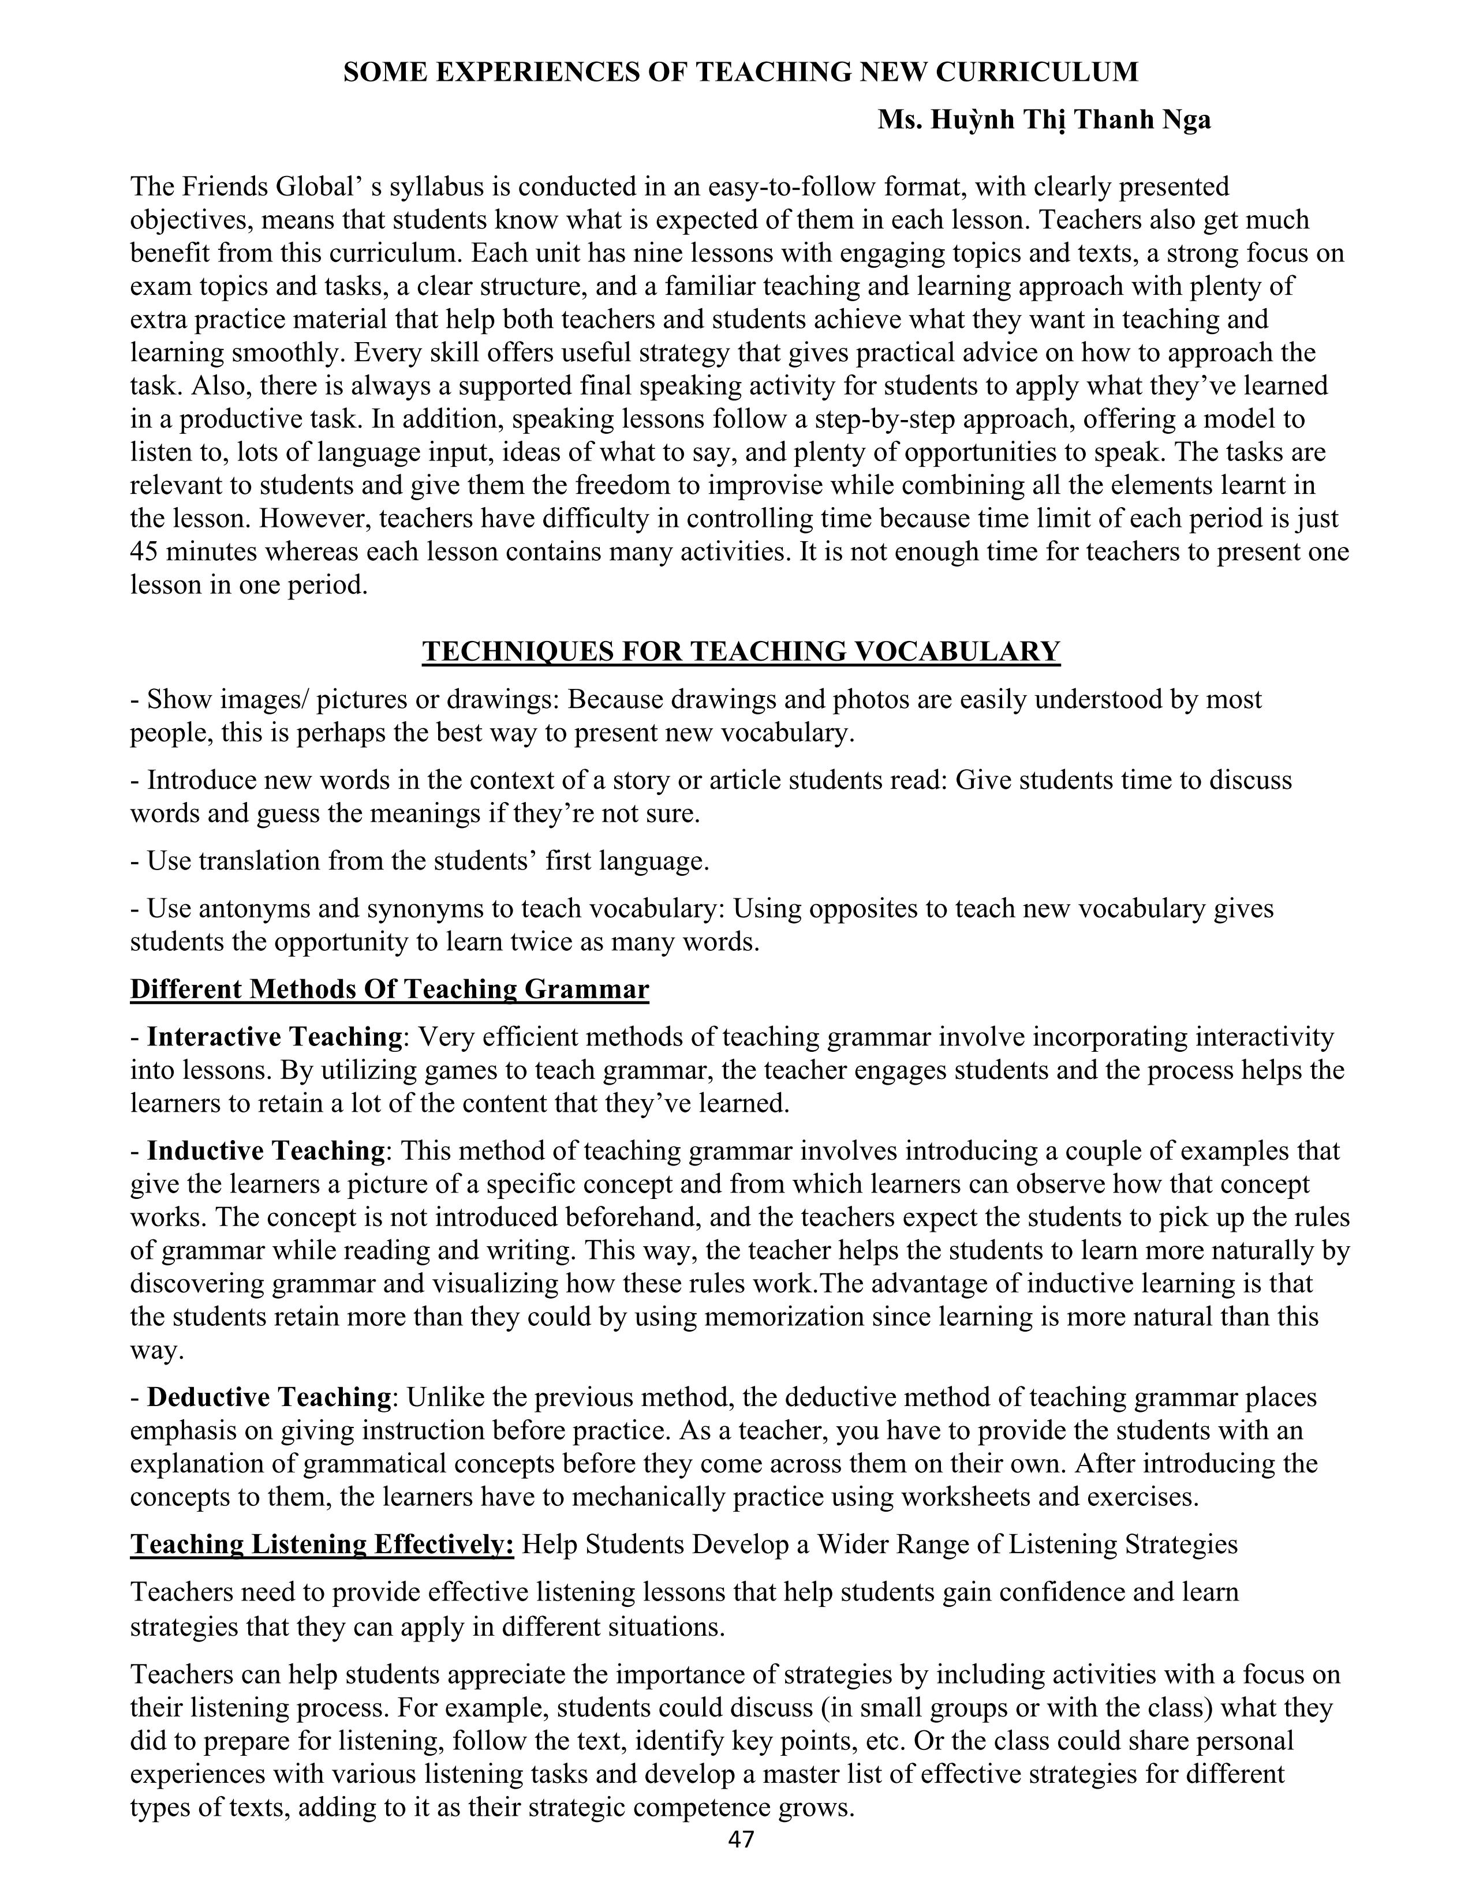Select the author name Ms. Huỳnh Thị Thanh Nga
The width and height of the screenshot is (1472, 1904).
[1044, 119]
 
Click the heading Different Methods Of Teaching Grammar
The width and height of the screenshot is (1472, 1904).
[390, 990]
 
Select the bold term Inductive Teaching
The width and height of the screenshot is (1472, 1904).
[265, 1151]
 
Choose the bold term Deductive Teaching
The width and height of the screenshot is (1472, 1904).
[268, 1397]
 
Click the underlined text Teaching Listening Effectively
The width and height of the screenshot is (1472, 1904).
[322, 1545]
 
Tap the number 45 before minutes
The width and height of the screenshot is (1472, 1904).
[144, 552]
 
